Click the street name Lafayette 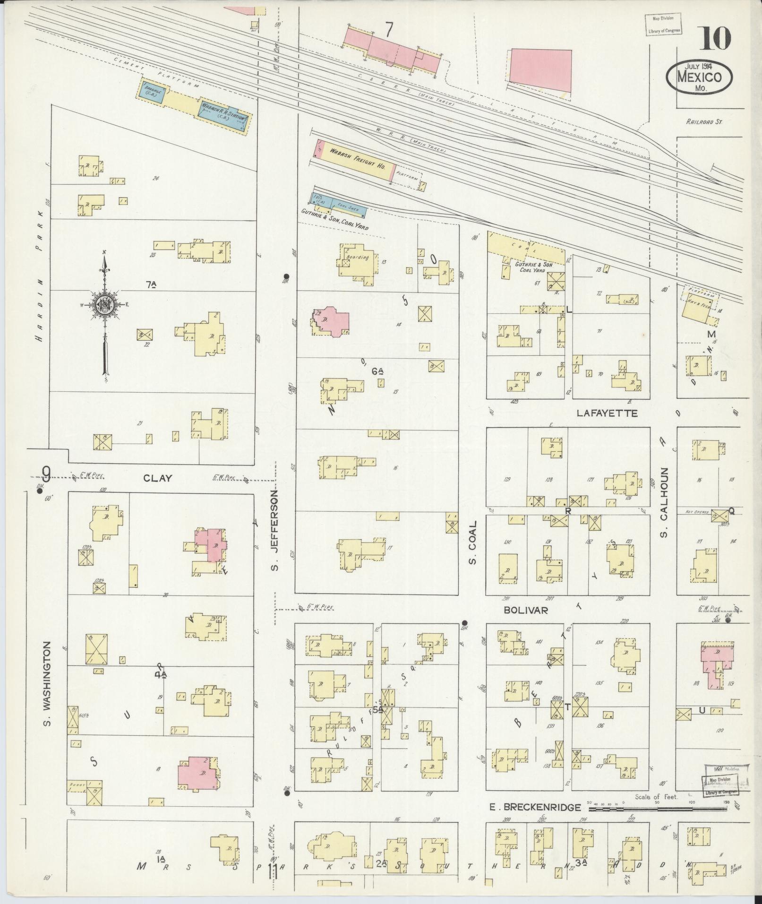pos(607,413)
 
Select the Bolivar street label pos(525,610)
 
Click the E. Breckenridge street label pos(538,807)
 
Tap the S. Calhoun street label pos(664,502)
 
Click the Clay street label pos(158,478)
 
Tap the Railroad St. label pos(704,121)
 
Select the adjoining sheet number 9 pos(46,473)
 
